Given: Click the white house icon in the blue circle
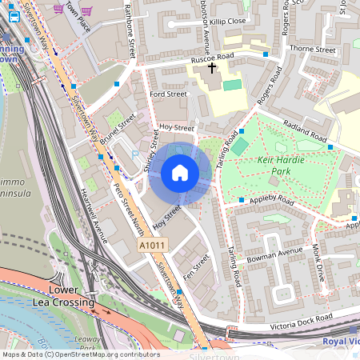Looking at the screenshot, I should [x=180, y=173].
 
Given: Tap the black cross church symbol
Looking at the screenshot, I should [x=212, y=68].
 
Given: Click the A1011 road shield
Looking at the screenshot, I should [x=152, y=246].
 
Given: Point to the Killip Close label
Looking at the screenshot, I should [x=230, y=21].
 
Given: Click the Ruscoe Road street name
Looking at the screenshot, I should [x=211, y=58].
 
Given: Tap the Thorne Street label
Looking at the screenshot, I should [x=312, y=50].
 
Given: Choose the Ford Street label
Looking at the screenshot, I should [x=168, y=94].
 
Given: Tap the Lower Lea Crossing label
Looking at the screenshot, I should [x=71, y=295].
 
